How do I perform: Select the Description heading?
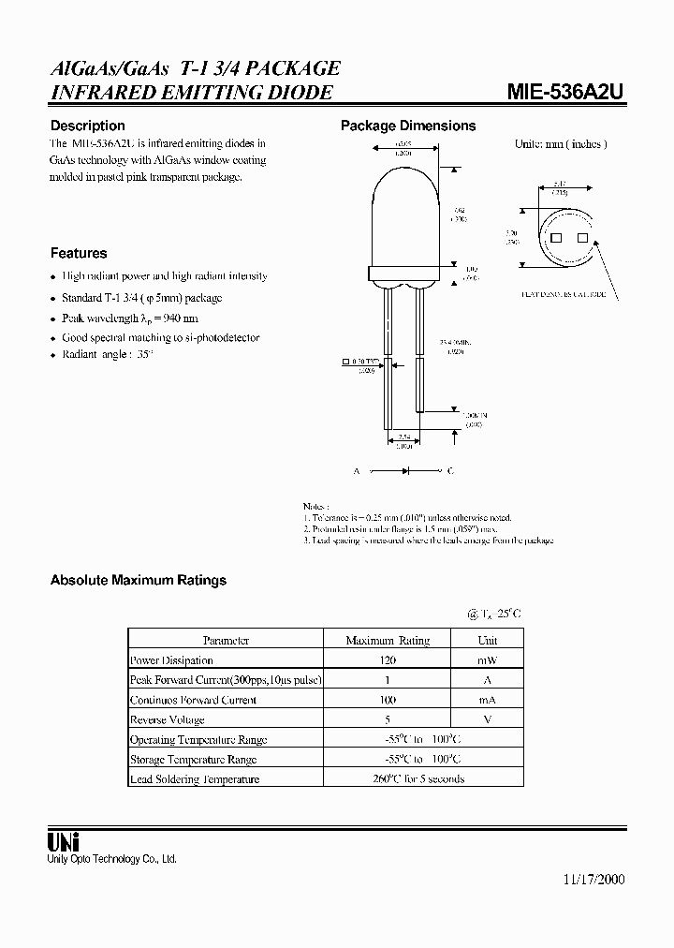click(x=87, y=126)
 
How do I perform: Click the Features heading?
click(x=79, y=253)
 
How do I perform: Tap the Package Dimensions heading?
click(x=408, y=126)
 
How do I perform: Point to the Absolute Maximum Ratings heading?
click(x=139, y=580)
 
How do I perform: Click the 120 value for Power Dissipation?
click(x=388, y=660)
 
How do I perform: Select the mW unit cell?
click(x=488, y=660)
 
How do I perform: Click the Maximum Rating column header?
click(x=388, y=641)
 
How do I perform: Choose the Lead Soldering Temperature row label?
click(x=194, y=778)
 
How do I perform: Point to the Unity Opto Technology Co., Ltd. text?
click(x=112, y=859)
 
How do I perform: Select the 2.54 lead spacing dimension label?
click(x=403, y=438)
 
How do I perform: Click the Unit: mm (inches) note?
click(x=561, y=144)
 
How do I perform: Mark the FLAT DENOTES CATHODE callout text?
click(x=564, y=294)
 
